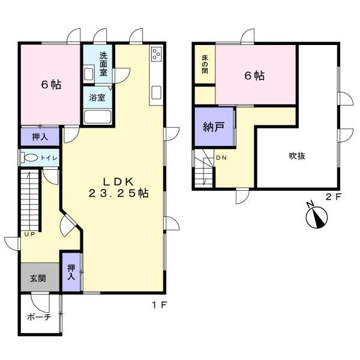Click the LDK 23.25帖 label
pos(118,188)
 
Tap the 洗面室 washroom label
pos(103,64)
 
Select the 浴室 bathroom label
pos(97,98)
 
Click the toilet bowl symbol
pos(30,158)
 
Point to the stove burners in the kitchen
pos(157,54)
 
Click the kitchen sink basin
pos(157,92)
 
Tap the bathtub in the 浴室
pos(97,117)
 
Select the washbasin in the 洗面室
pos(88,74)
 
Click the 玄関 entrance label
pos(38,278)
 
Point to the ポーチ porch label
pos(39,317)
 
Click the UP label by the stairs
pos(29,234)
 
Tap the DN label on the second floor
pos(221,158)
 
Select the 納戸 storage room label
pos(214,127)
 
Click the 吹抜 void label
pos(297,156)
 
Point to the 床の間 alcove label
pos(205,64)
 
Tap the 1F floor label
pos(159,305)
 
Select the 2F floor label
pos(334,197)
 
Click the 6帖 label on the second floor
pos(254,76)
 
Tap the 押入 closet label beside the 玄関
pos(71,272)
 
